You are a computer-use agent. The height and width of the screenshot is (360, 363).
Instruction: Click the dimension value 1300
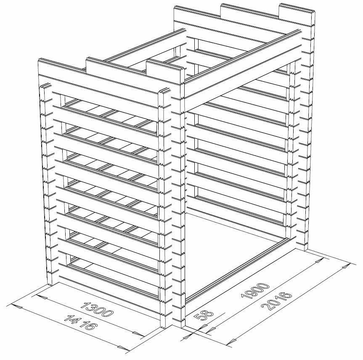(x=97, y=309)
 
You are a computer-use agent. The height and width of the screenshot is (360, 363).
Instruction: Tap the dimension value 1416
(x=80, y=322)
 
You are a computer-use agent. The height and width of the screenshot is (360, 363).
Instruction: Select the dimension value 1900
(x=255, y=291)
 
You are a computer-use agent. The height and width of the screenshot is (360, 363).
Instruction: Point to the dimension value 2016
(x=276, y=301)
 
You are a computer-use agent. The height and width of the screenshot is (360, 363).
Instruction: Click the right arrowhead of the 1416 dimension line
(x=123, y=347)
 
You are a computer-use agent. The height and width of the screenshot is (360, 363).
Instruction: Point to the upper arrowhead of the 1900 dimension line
(x=320, y=262)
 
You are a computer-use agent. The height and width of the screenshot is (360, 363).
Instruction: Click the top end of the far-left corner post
(x=45, y=86)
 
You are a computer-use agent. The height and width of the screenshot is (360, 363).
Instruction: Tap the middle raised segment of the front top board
(x=116, y=66)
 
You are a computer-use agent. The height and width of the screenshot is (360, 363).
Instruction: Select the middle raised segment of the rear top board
(x=249, y=11)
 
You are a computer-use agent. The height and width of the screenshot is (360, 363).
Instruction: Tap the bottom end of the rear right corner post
(x=305, y=249)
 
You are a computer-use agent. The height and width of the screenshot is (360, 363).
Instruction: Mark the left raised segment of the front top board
(x=62, y=67)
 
